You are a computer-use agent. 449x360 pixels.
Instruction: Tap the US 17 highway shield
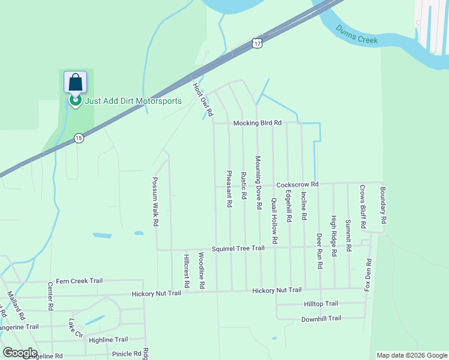pos(257,44)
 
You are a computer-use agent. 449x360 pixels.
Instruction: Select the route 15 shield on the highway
pos(79,138)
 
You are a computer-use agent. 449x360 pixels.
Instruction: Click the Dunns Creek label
pos(357,34)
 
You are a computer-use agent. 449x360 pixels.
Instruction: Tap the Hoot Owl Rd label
pos(202,99)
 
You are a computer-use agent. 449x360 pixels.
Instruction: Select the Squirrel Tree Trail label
pos(238,248)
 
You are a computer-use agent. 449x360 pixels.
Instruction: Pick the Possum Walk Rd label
pos(155,201)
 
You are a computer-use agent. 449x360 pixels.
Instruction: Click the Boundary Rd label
pos(384,206)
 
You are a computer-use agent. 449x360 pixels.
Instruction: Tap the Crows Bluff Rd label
pos(363,207)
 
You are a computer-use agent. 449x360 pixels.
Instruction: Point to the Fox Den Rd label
pos(368,275)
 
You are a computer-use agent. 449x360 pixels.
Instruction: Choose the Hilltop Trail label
pos(321,304)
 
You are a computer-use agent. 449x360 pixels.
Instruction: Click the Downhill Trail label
pos(321,319)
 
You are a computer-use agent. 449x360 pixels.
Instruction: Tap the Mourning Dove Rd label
pos(259,182)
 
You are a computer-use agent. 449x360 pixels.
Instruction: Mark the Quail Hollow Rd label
pos(274,220)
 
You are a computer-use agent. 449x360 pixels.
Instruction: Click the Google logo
pos(20,353)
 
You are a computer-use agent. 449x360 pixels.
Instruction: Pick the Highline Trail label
pos(108,340)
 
